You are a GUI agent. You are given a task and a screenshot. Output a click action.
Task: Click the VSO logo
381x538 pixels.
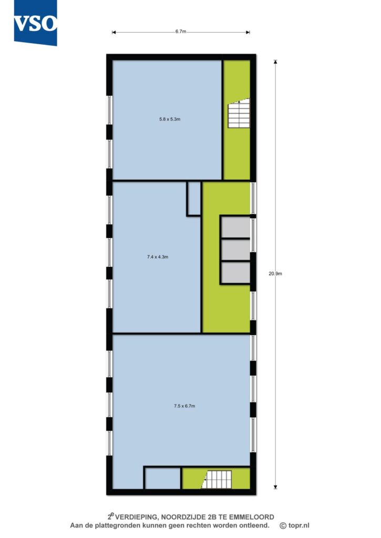point(35,23)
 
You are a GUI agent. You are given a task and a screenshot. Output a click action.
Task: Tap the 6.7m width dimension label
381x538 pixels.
point(181,32)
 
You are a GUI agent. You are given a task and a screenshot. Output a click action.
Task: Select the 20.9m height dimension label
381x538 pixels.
point(275,274)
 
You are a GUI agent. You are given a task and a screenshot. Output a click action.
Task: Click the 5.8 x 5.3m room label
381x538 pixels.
point(170,119)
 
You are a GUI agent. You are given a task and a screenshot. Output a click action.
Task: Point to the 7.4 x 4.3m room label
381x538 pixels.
point(158,257)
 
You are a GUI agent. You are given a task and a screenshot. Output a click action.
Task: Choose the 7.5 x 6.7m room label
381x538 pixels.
point(184,406)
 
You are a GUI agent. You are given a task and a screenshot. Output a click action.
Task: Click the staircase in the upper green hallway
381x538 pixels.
point(239,113)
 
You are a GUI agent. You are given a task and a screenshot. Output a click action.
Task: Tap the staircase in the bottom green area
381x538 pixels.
point(217,479)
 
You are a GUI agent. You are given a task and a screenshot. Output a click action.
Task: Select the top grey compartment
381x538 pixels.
point(235,227)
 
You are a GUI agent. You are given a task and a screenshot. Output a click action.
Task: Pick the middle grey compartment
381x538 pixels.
point(235,250)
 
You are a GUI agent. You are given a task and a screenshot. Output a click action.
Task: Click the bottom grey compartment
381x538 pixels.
point(235,273)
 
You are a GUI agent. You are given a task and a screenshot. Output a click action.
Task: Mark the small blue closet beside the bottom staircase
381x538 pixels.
point(163,478)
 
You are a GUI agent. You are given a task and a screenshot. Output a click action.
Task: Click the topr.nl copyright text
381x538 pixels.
point(294,525)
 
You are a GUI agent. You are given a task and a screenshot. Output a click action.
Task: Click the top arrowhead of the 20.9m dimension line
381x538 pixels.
point(275,62)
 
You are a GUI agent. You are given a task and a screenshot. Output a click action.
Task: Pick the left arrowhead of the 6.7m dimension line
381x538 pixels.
point(114,33)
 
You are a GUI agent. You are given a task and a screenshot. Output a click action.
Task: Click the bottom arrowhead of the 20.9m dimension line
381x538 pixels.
point(275,487)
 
